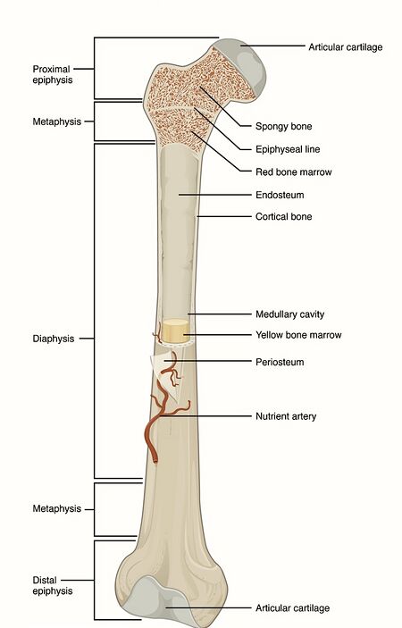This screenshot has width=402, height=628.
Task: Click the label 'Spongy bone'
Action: pyautogui.click(x=283, y=127)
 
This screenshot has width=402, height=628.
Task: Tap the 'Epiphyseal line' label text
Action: pyautogui.click(x=288, y=149)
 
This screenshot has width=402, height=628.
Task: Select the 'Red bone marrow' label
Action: pyautogui.click(x=294, y=172)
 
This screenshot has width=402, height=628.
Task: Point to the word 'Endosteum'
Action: pyautogui.click(x=280, y=195)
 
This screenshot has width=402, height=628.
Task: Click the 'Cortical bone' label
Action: pyautogui.click(x=283, y=217)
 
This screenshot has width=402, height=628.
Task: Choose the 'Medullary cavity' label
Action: pyautogui.click(x=290, y=314)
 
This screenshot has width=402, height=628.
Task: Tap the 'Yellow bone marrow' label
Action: pyautogui.click(x=298, y=335)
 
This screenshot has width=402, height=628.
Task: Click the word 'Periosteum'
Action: pyautogui.click(x=280, y=362)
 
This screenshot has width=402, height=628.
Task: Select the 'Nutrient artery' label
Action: pyautogui.click(x=286, y=416)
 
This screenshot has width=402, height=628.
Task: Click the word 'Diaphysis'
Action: pyautogui.click(x=54, y=339)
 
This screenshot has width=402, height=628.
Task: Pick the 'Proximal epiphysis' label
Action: pyautogui.click(x=53, y=74)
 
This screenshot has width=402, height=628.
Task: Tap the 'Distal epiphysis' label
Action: pyautogui.click(x=53, y=585)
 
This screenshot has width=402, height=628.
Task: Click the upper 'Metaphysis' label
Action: pyautogui.click(x=57, y=121)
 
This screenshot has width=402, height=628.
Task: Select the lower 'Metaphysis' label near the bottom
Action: pyautogui.click(x=57, y=508)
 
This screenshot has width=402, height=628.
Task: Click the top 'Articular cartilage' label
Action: pyautogui.click(x=345, y=47)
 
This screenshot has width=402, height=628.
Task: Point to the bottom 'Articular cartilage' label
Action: pyautogui.click(x=293, y=608)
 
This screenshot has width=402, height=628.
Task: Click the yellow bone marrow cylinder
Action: pyautogui.click(x=175, y=331)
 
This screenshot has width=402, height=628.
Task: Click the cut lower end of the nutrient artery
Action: pyautogui.click(x=155, y=460)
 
